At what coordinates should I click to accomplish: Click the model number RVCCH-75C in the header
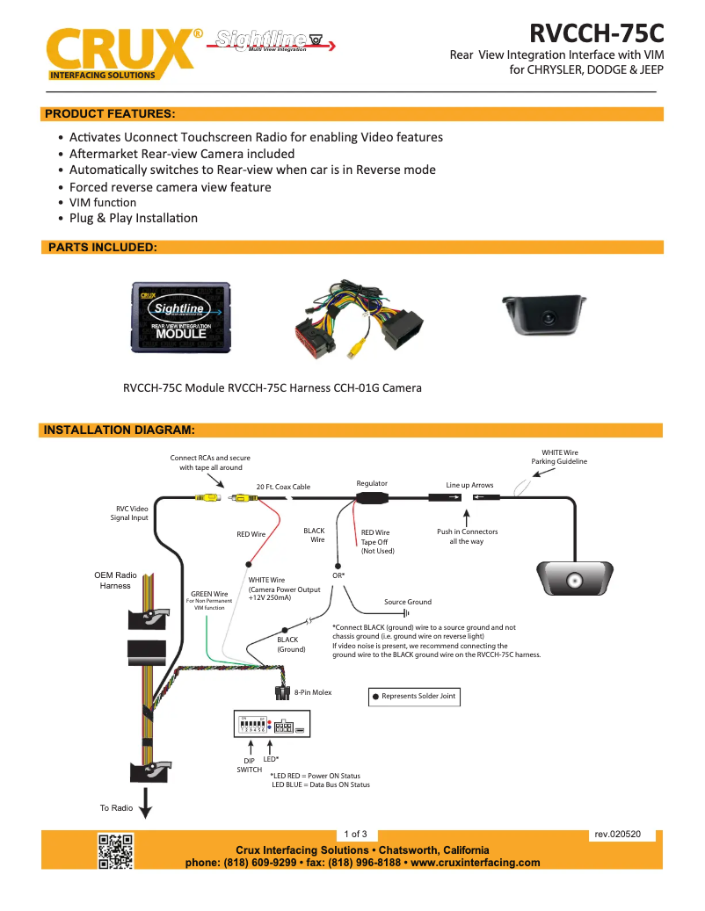click(596, 33)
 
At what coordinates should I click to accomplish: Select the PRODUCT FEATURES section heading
click(110, 114)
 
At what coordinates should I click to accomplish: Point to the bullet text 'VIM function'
click(103, 203)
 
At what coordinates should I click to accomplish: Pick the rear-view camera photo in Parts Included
click(549, 315)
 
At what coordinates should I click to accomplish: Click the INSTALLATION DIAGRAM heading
click(119, 430)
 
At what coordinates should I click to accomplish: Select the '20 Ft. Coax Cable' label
click(283, 487)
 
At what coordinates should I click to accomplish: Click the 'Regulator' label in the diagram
click(372, 483)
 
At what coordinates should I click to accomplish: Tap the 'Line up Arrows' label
click(469, 485)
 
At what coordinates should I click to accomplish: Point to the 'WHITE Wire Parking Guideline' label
click(559, 457)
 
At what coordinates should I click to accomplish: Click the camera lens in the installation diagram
click(575, 581)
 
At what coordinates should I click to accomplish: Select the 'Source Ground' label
click(408, 602)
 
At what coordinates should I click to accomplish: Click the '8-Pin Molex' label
click(313, 692)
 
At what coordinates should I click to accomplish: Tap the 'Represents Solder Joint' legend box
click(415, 697)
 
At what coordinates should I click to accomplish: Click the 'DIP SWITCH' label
click(249, 764)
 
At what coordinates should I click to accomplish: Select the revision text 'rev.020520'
click(618, 834)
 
